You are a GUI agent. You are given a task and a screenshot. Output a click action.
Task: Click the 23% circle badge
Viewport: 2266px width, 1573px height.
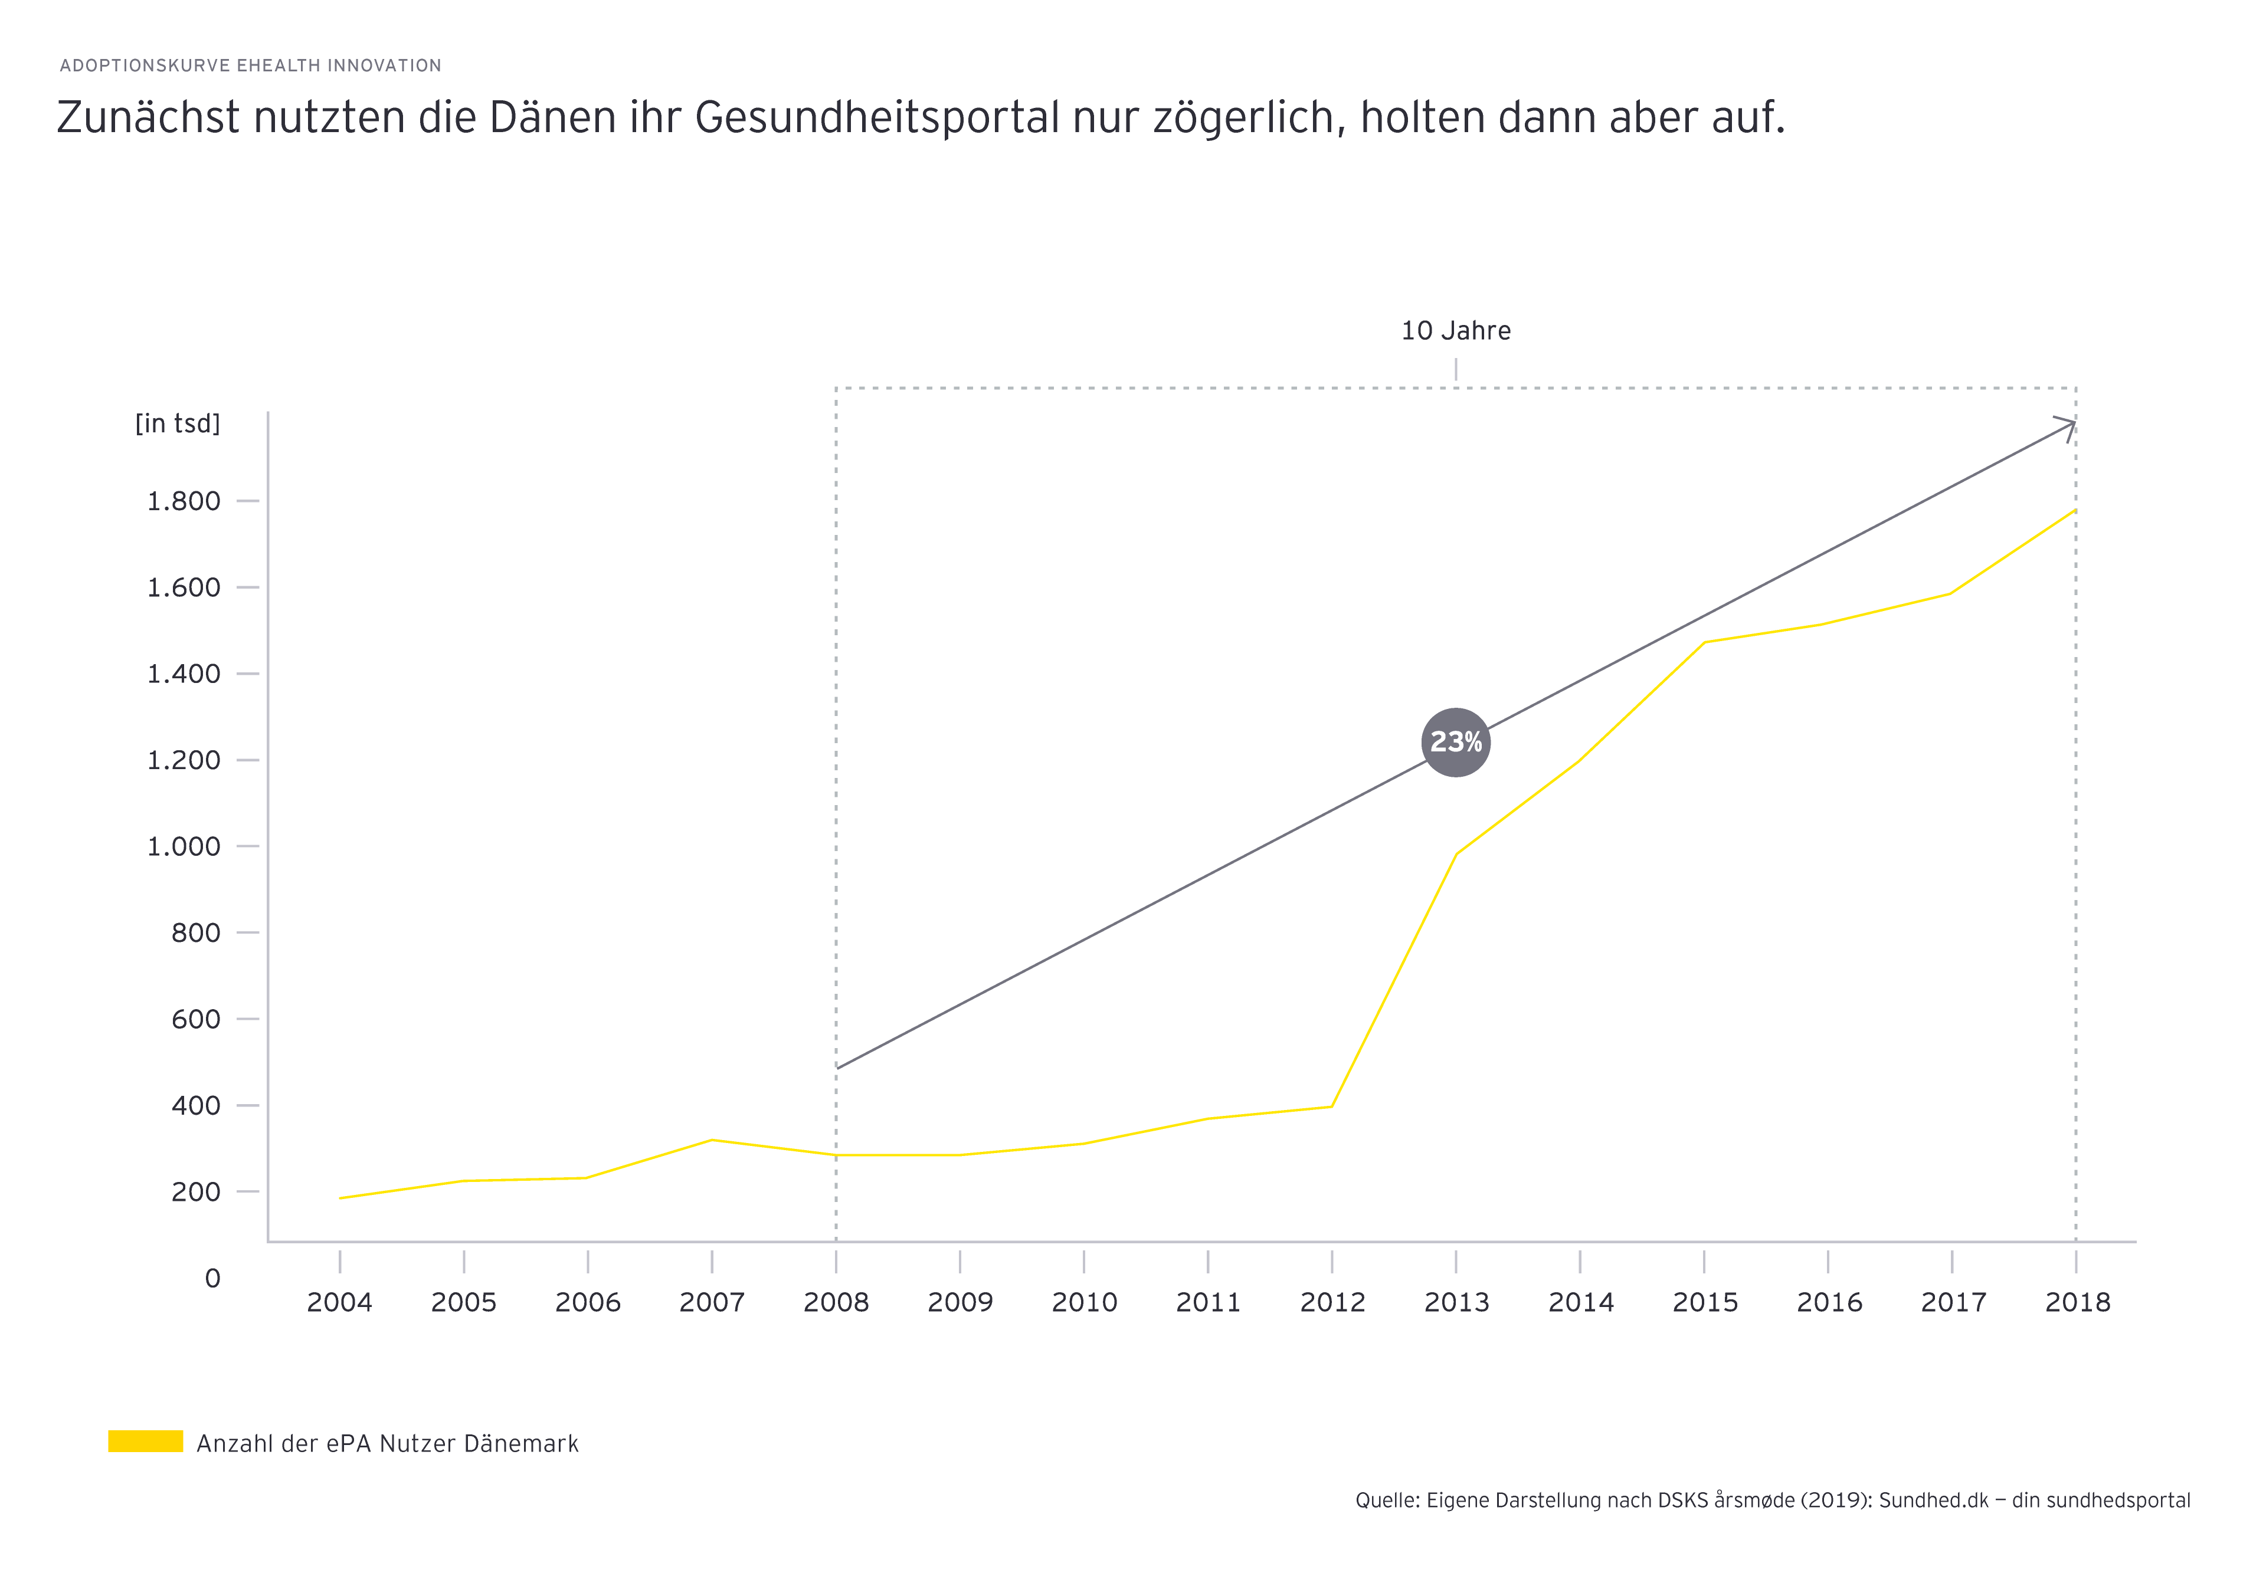(x=1455, y=742)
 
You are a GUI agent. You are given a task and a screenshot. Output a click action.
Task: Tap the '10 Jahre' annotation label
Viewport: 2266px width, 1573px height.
(x=1455, y=331)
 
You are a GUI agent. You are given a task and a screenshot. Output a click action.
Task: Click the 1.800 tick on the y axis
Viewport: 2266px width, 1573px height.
(x=184, y=502)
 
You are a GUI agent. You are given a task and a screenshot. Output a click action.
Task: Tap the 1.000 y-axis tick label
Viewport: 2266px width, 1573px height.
(x=184, y=846)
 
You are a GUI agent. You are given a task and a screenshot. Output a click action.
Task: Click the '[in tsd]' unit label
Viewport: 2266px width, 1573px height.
(x=178, y=424)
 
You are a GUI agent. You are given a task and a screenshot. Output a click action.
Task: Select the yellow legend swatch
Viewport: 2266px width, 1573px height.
(x=145, y=1441)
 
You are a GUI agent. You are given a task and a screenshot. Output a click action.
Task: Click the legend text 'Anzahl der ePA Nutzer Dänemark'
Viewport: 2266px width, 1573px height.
(x=388, y=1444)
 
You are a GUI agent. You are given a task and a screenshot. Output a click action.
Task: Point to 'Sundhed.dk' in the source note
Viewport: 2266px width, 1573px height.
(x=1933, y=1500)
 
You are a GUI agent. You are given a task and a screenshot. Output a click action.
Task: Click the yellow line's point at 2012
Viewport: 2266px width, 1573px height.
(x=1331, y=1107)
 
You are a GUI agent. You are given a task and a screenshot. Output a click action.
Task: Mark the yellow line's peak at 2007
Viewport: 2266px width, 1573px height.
(x=711, y=1140)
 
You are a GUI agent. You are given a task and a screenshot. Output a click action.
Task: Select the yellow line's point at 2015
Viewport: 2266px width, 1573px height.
(x=1704, y=643)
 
